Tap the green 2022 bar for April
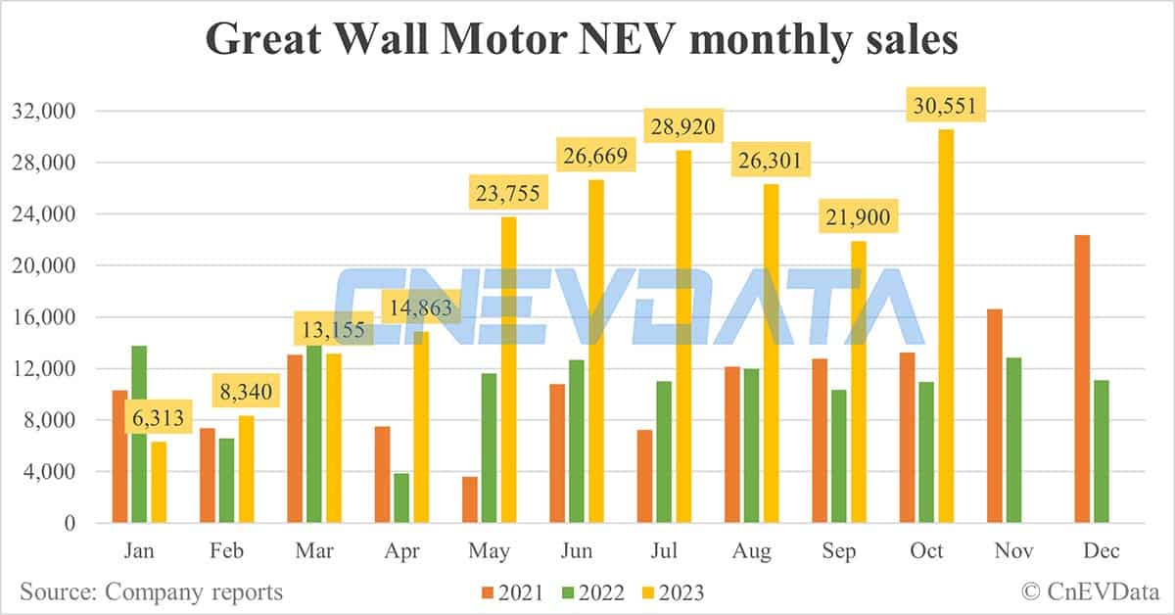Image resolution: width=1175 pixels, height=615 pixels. (x=401, y=498)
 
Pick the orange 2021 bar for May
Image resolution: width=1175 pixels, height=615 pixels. (x=470, y=500)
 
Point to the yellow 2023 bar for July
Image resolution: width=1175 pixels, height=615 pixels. (x=684, y=337)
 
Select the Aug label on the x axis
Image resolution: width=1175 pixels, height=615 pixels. (x=752, y=551)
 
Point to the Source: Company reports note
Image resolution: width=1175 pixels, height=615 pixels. (x=152, y=591)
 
